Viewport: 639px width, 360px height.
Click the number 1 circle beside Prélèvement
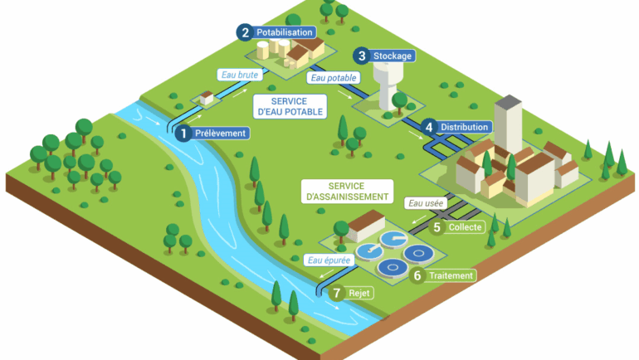pyautogui.click(x=184, y=133)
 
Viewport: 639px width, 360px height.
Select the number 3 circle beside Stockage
pyautogui.click(x=361, y=56)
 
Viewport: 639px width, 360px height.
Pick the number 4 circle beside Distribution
pyautogui.click(x=429, y=128)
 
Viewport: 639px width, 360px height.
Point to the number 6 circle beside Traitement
pyautogui.click(x=418, y=275)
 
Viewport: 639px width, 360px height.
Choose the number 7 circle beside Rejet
pyautogui.click(x=336, y=293)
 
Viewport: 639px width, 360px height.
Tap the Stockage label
pyautogui.click(x=393, y=56)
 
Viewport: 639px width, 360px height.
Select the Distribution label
pyautogui.click(x=465, y=128)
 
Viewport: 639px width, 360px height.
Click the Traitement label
pyautogui.click(x=452, y=275)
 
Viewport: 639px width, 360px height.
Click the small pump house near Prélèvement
pyautogui.click(x=206, y=98)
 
